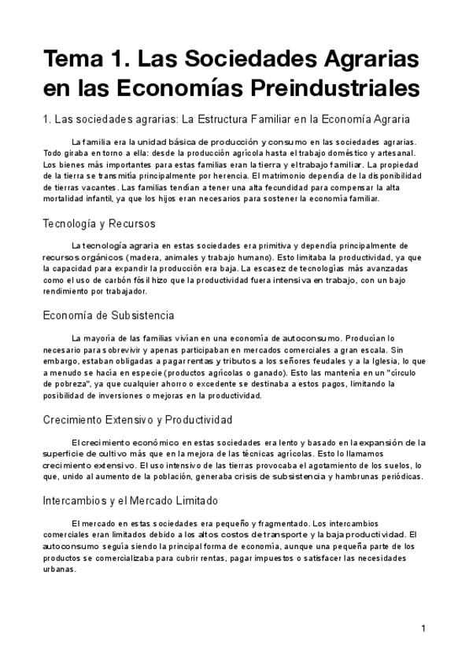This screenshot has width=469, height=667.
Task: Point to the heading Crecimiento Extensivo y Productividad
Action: click(x=138, y=420)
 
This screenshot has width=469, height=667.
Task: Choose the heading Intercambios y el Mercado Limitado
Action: click(x=131, y=500)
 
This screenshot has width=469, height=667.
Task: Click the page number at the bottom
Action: click(x=423, y=628)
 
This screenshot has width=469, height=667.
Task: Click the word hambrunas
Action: click(x=361, y=476)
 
